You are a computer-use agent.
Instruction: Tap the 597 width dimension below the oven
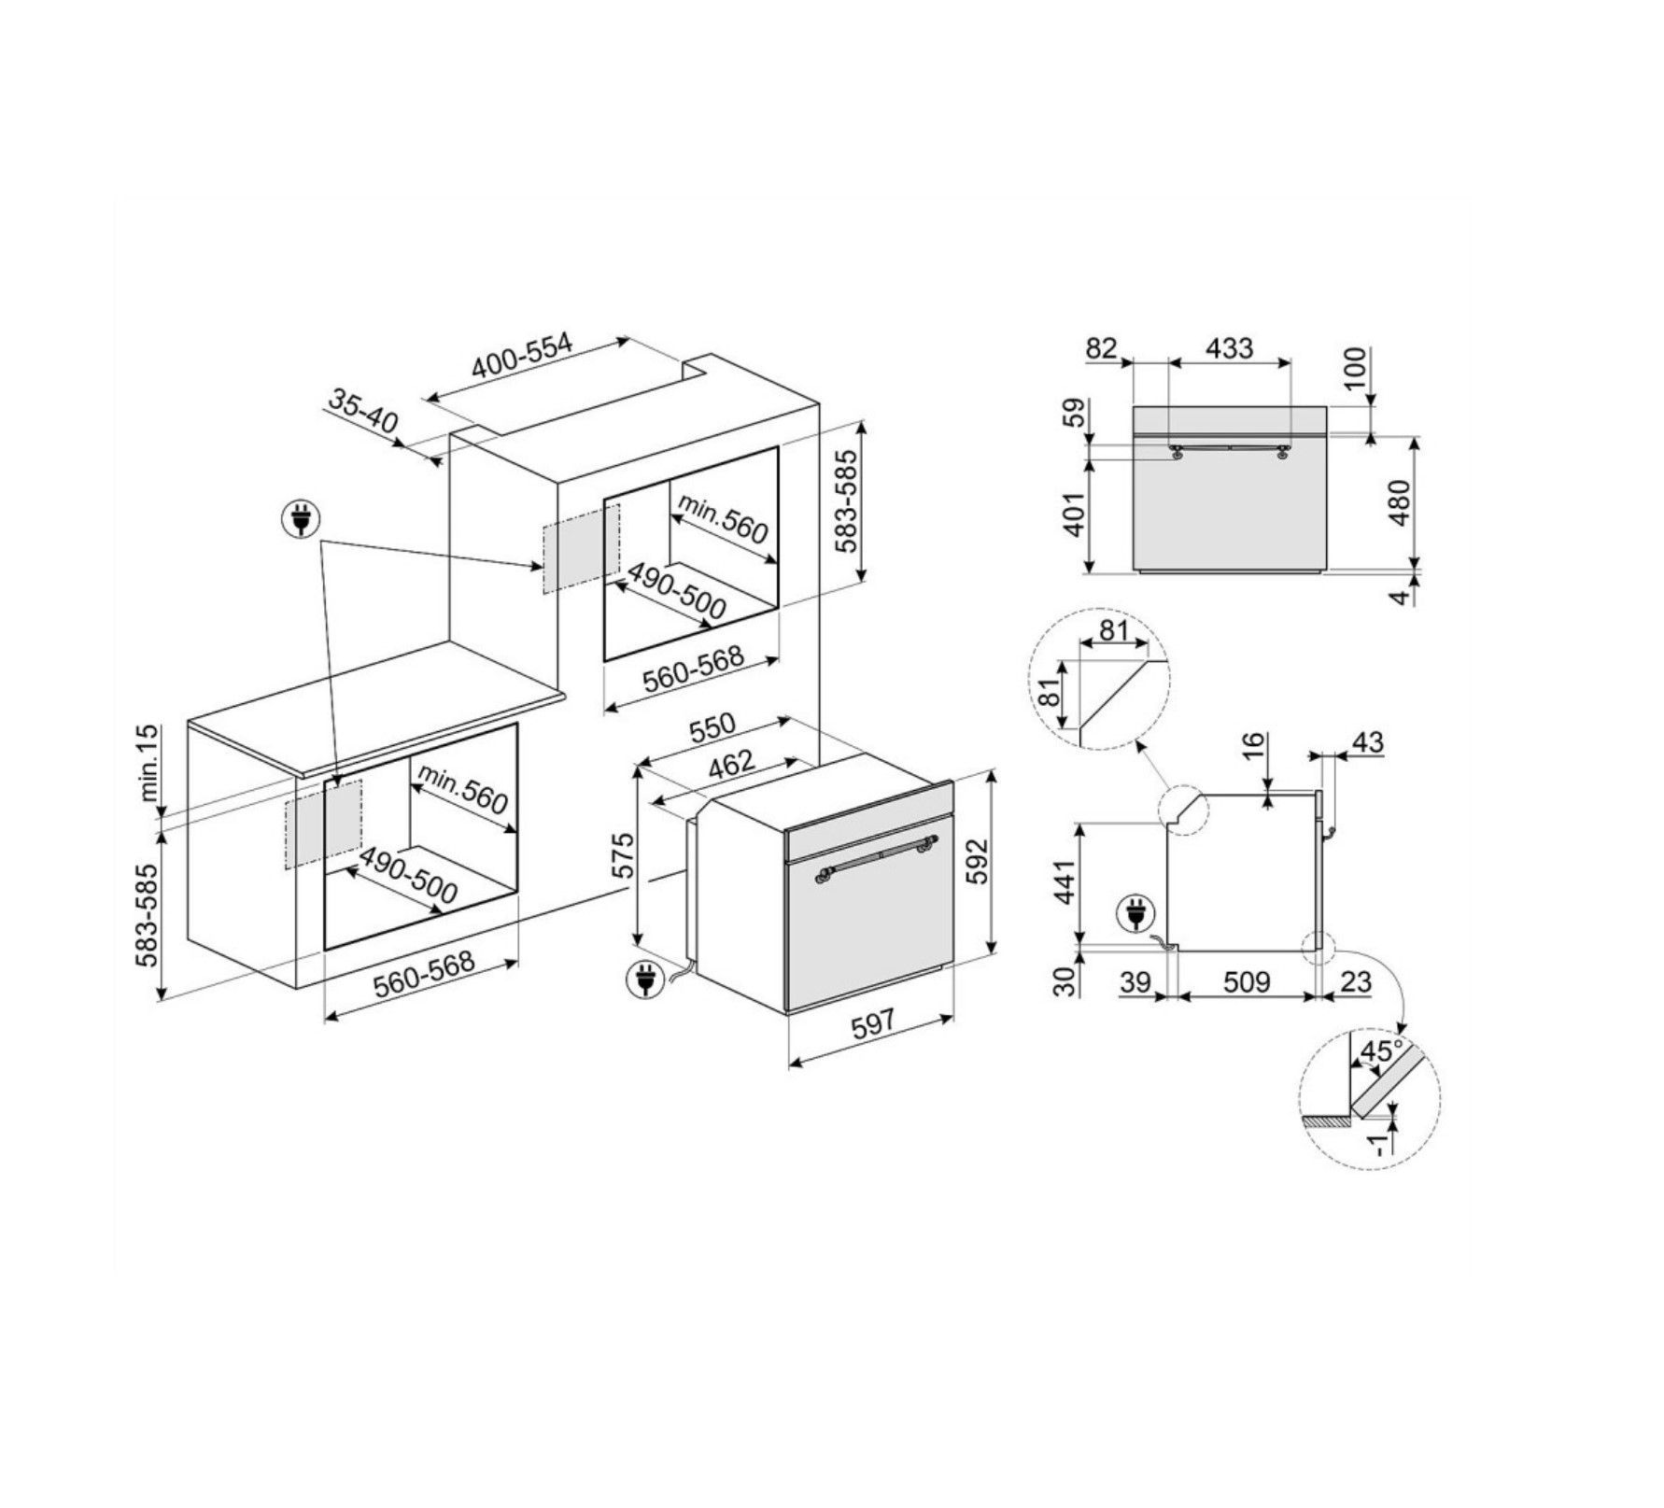click(873, 1023)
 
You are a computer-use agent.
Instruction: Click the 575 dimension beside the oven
click(622, 855)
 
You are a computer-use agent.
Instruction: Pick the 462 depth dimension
click(731, 766)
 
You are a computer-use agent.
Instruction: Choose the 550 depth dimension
click(712, 728)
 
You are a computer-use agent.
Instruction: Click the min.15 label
click(149, 763)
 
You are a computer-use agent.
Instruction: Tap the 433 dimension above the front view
click(1229, 348)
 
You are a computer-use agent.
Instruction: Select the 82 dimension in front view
click(1101, 348)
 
